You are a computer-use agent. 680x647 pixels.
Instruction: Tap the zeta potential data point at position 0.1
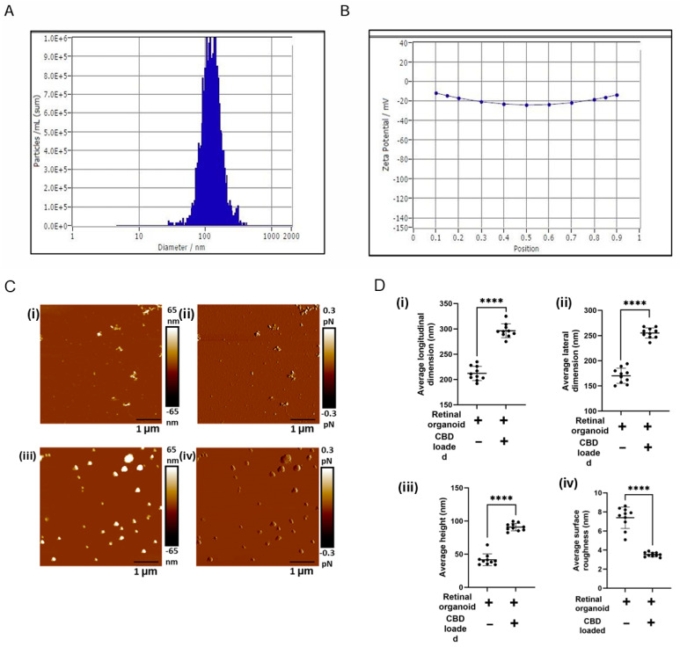click(435, 92)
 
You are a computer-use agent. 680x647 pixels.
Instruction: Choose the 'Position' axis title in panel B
click(526, 249)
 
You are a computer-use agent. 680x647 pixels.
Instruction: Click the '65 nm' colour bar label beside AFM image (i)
click(173, 316)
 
